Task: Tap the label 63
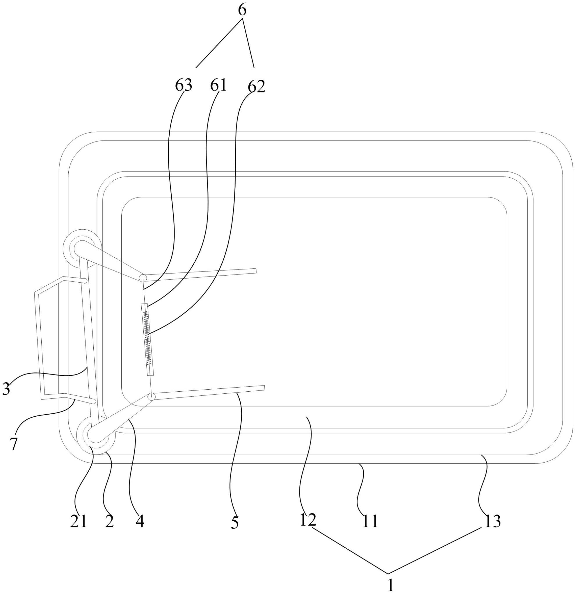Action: click(183, 86)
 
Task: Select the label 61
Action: click(218, 86)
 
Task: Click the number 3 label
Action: click(6, 389)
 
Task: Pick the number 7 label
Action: click(14, 444)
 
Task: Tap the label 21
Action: click(79, 521)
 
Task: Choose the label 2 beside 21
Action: click(109, 521)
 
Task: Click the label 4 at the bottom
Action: click(140, 521)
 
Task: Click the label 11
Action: click(370, 521)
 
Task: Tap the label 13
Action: click(492, 521)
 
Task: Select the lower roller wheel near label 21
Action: click(96, 435)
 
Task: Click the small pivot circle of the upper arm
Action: click(143, 278)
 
